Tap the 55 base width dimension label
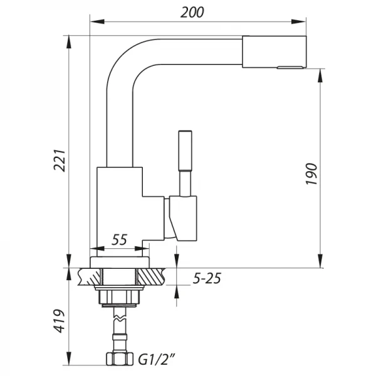tap(119, 239)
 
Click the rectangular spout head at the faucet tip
tap(274, 51)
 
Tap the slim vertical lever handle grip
tap(185, 150)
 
